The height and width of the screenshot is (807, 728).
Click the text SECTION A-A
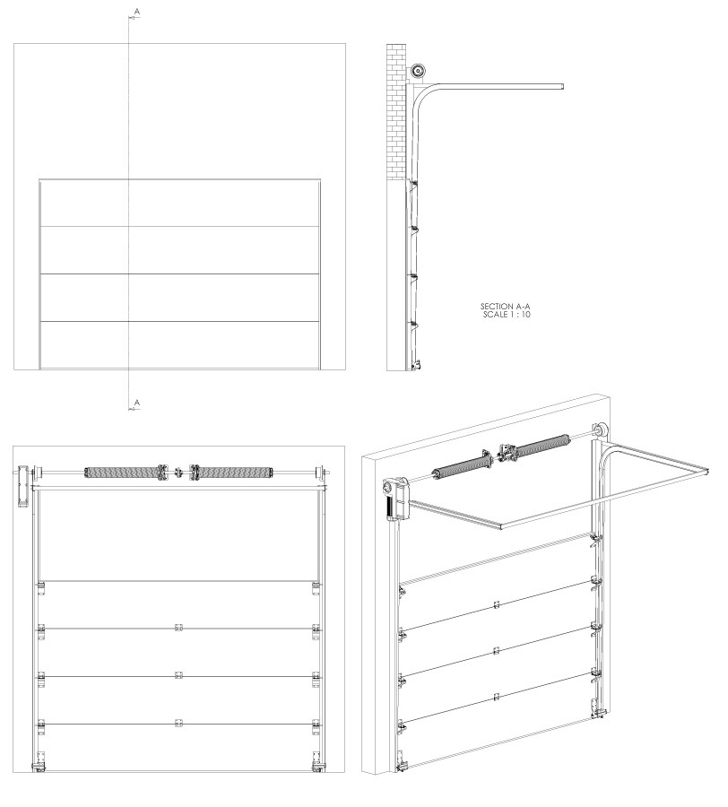tap(505, 307)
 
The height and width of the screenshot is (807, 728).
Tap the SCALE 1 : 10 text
tap(507, 315)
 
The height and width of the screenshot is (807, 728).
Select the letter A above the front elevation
tap(136, 11)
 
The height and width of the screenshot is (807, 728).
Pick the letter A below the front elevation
tap(136, 402)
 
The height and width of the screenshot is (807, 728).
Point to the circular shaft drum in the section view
tap(417, 70)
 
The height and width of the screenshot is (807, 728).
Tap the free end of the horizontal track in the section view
tap(562, 86)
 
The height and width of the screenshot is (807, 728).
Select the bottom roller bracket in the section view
tap(416, 365)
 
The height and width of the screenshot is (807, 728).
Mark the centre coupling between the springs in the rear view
tap(178, 472)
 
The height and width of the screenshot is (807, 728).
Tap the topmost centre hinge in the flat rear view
tap(178, 628)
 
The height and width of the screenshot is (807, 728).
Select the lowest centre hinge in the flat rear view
tap(178, 723)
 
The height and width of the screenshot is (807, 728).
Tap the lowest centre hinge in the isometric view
tap(497, 697)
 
